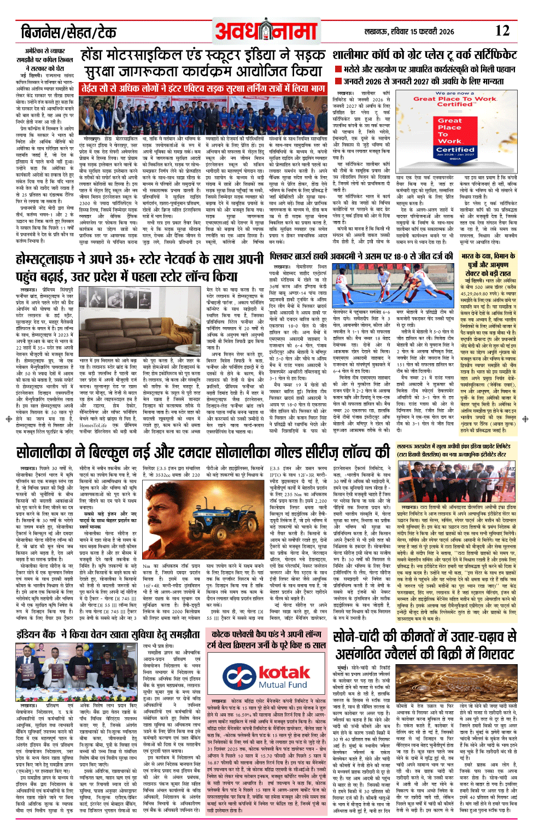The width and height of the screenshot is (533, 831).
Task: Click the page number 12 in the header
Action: [502, 31]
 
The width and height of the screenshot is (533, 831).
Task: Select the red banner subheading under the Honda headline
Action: [203, 88]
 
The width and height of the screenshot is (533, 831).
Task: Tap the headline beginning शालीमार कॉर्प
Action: [424, 55]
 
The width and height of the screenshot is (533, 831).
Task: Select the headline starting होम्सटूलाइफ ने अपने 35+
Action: [139, 267]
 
